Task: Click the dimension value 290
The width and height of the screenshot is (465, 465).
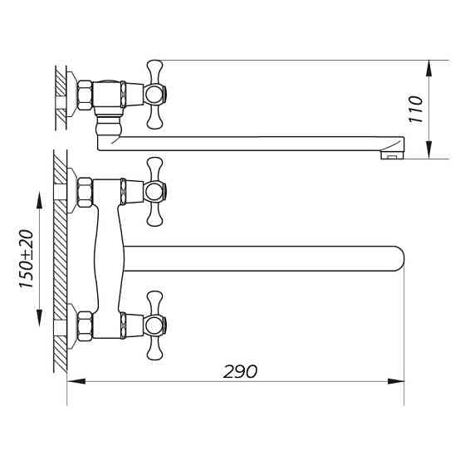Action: click(x=240, y=371)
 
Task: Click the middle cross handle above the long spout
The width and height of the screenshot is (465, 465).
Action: click(x=154, y=192)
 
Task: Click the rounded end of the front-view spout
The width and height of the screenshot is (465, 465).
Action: click(x=397, y=258)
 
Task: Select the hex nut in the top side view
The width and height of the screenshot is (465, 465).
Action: click(x=85, y=94)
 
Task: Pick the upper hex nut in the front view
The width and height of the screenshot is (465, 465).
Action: click(x=85, y=192)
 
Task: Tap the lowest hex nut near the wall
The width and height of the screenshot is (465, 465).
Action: click(x=85, y=325)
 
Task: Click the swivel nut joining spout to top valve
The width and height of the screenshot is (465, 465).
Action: click(x=107, y=128)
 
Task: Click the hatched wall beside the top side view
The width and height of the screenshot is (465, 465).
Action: click(x=60, y=95)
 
